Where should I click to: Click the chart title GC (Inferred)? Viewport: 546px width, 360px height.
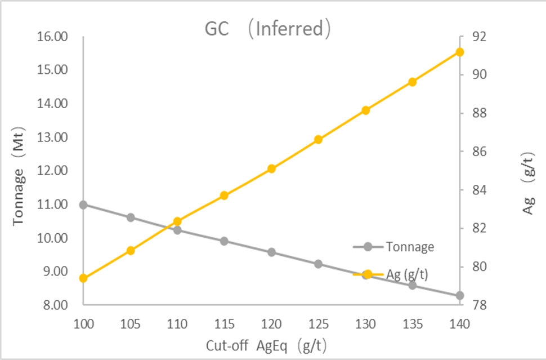[267, 29]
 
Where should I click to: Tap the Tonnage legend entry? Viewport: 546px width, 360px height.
[410, 246]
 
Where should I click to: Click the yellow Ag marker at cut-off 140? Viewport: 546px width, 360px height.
[459, 52]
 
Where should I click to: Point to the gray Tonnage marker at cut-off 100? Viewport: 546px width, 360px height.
[83, 205]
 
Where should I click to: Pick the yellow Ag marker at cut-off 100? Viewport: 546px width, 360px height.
[83, 278]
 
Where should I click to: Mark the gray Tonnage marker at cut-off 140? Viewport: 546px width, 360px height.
[459, 295]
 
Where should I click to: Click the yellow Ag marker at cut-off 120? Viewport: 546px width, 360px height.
[271, 168]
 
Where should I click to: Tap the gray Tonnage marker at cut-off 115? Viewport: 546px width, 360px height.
[224, 241]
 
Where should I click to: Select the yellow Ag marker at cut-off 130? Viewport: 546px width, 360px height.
[365, 110]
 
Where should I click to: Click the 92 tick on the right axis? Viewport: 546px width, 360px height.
[471, 37]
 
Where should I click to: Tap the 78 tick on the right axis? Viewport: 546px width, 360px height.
[471, 305]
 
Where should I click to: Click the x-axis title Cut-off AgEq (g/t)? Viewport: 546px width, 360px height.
[271, 344]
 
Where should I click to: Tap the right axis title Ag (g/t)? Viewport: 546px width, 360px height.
[529, 183]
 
